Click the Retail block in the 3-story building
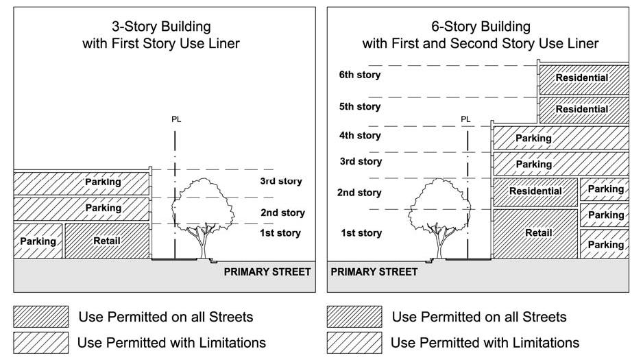(107, 241)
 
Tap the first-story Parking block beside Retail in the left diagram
(38, 241)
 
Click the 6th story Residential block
(582, 77)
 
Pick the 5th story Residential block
(582, 109)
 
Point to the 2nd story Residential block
(535, 191)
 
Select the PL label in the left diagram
(175, 119)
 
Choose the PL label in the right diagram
(466, 119)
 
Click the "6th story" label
(359, 75)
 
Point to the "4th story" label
(359, 135)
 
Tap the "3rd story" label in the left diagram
(280, 182)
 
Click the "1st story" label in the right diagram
(361, 234)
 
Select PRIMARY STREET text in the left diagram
(267, 272)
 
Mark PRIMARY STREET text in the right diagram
(374, 272)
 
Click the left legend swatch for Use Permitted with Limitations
(41, 341)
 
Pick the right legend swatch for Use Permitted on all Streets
(354, 317)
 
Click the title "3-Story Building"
(161, 27)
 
